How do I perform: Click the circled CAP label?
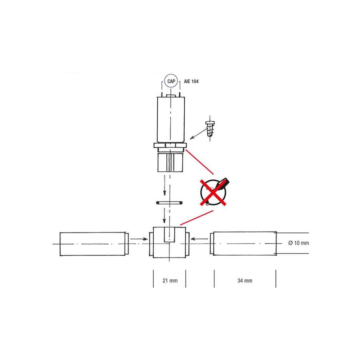click(171, 81)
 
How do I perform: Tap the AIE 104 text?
click(191, 81)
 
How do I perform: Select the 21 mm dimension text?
click(170, 280)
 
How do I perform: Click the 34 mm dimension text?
click(245, 280)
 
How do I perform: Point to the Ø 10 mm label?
click(298, 243)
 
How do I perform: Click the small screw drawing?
click(210, 128)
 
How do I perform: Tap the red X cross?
click(213, 192)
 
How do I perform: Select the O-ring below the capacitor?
click(169, 203)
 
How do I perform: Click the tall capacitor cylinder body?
click(171, 120)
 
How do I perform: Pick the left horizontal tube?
click(94, 244)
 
